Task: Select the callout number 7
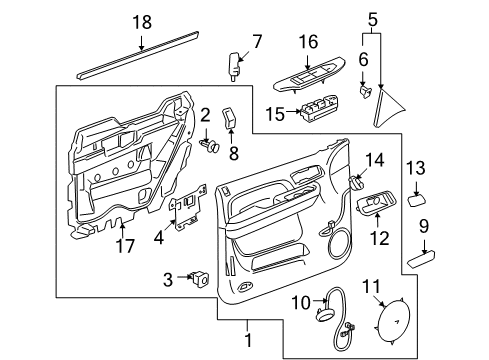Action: [x=256, y=41]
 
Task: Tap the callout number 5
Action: [x=372, y=17]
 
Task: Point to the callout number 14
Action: [x=373, y=160]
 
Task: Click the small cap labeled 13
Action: [x=416, y=199]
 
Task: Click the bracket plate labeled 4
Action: [x=187, y=212]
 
